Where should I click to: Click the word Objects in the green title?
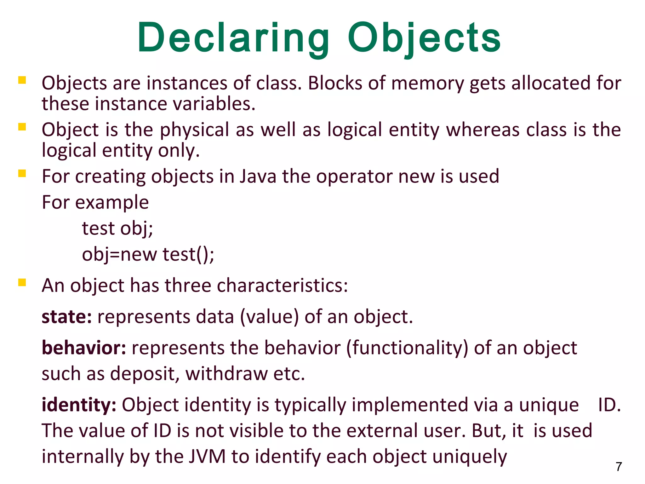[424, 38]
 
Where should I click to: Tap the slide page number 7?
[619, 466]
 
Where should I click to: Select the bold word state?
[67, 317]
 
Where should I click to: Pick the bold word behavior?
[84, 348]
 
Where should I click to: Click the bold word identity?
[79, 405]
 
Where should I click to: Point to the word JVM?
[207, 456]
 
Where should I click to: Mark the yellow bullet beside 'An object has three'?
[22, 282]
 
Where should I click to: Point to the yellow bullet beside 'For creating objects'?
[22, 173]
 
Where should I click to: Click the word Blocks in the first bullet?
[335, 83]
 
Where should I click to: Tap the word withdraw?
[226, 374]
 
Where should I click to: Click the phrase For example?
[95, 202]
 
